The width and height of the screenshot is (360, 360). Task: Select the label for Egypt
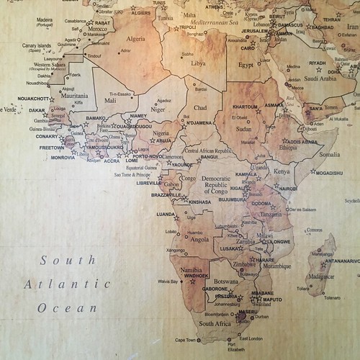tap(247, 64)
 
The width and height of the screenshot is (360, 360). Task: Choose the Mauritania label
tap(75, 94)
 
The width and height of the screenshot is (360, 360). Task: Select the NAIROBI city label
tap(287, 188)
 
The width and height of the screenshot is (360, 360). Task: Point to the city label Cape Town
tap(186, 339)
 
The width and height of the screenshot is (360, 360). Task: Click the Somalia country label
tap(330, 154)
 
